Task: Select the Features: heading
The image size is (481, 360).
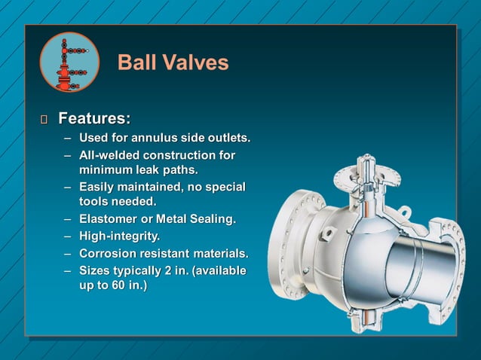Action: (x=94, y=119)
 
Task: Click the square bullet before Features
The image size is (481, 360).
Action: (x=44, y=120)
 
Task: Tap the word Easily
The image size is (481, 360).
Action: (x=98, y=187)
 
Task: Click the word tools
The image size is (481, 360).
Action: (x=94, y=202)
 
